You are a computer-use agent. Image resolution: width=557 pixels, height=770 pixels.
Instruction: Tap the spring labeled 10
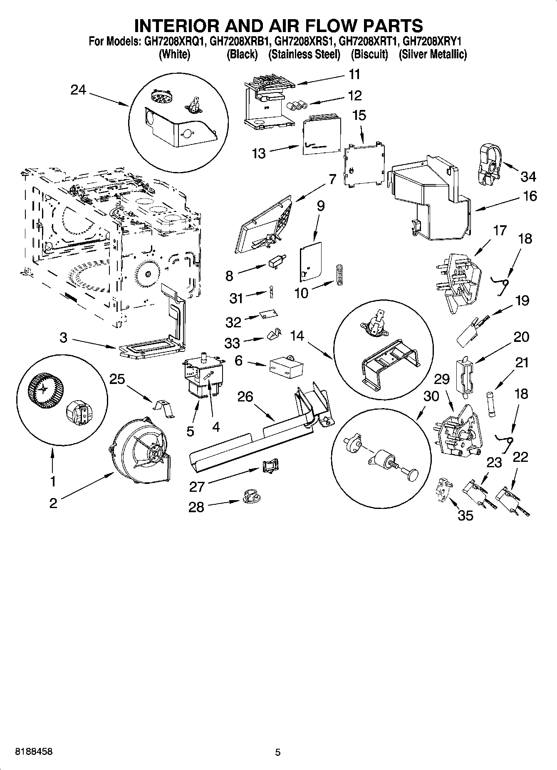[340, 275]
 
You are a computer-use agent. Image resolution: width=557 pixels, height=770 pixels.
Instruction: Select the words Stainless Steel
[304, 55]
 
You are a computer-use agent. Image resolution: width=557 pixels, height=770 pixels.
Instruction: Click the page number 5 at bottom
[278, 753]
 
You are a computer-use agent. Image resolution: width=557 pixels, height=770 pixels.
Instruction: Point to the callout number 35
[465, 516]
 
